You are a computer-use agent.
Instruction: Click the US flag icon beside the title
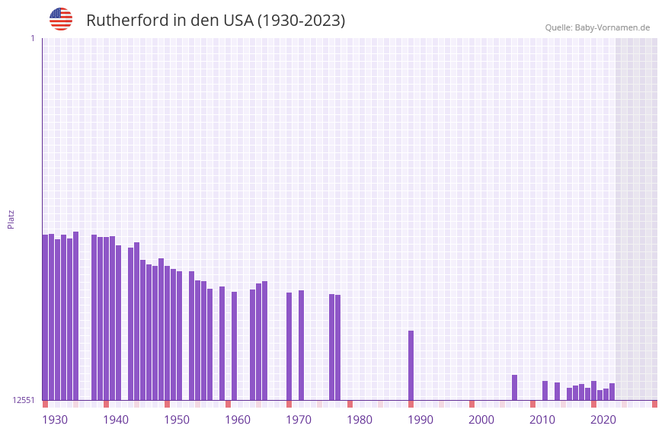[61, 19]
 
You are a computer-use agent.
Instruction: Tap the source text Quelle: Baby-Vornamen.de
[597, 27]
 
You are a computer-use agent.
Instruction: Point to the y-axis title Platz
[11, 219]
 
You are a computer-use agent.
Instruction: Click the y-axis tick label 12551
[24, 400]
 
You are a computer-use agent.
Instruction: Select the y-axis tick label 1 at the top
[32, 38]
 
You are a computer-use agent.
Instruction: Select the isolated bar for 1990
[411, 366]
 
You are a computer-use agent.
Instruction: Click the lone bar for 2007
[514, 387]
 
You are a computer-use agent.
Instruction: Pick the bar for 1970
[289, 346]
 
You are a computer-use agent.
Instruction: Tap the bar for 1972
[301, 345]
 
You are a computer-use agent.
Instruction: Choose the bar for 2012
[545, 390]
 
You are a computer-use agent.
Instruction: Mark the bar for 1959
[222, 343]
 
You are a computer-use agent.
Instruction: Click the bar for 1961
[234, 346]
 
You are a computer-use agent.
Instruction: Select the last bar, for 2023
[612, 392]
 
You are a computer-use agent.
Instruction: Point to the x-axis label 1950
[177, 420]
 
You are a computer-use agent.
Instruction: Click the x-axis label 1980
[360, 420]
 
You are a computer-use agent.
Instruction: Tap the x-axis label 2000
[481, 420]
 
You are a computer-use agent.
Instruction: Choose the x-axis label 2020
[603, 420]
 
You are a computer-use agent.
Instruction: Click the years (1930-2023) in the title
[301, 21]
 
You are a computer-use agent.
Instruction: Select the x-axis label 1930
[55, 420]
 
